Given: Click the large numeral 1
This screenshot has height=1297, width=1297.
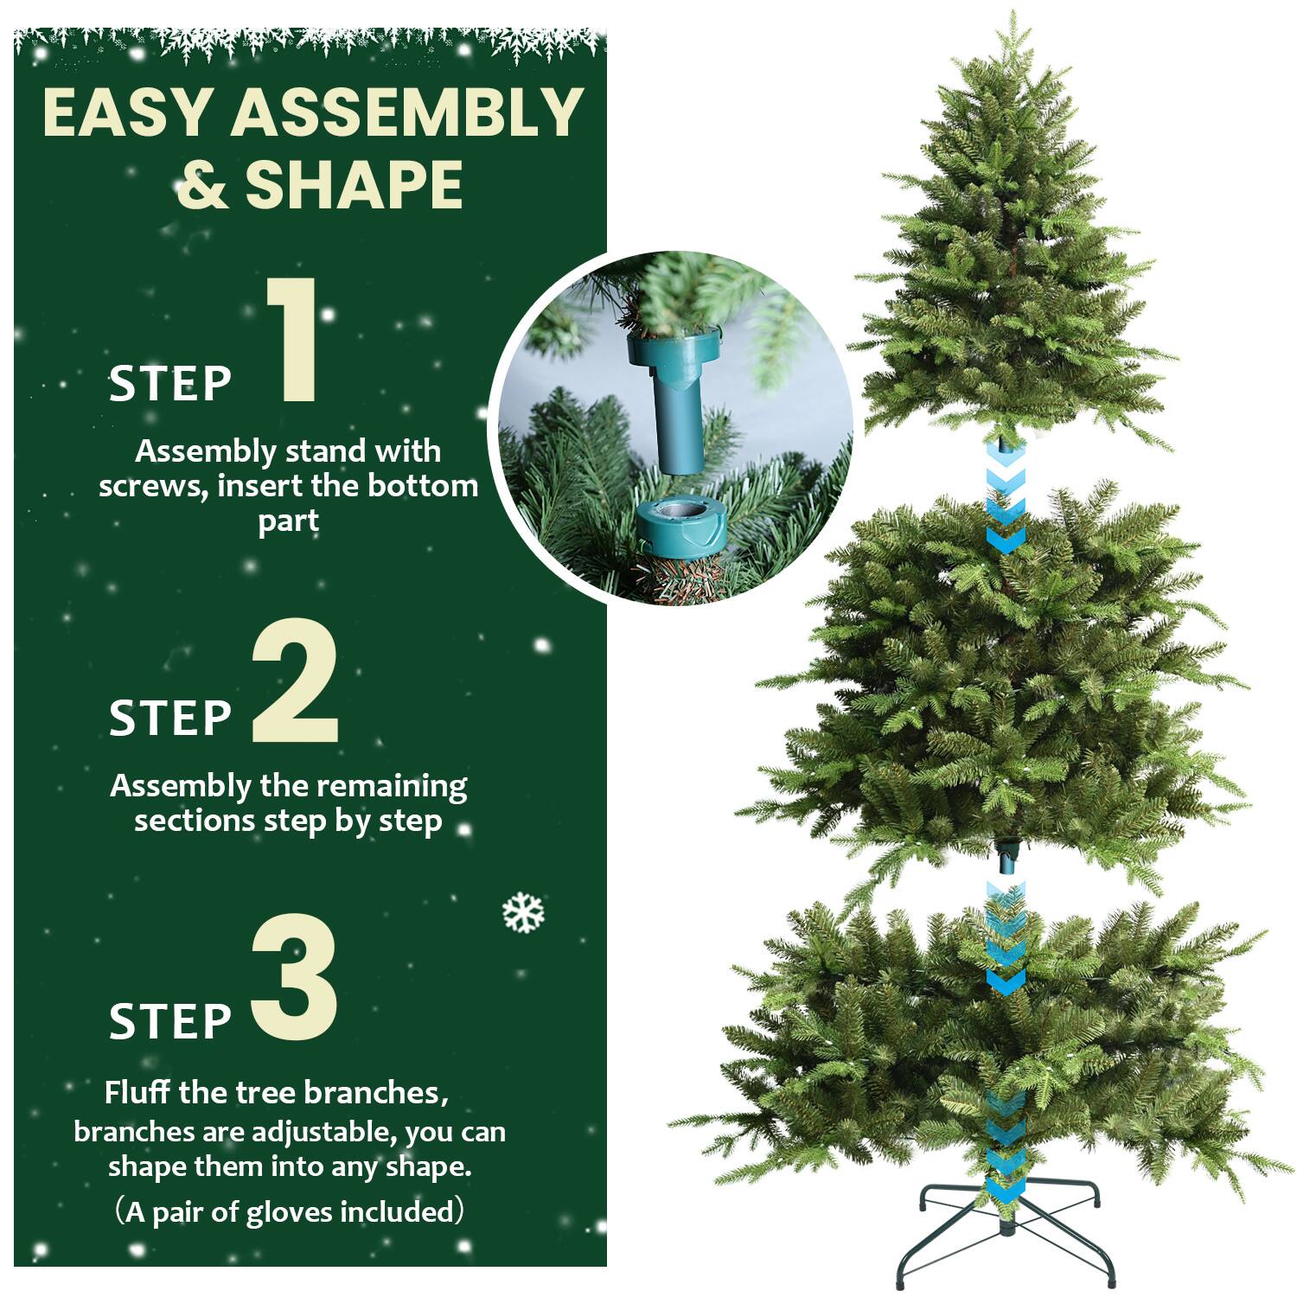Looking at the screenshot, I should click(x=294, y=342).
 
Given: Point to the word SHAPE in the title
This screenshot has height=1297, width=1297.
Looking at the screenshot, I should click(x=355, y=184).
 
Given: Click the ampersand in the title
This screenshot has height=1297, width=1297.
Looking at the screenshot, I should click(x=203, y=184).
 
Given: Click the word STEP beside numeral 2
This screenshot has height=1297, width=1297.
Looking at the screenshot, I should click(x=170, y=718).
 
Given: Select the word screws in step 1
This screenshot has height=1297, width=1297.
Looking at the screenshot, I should click(x=151, y=486).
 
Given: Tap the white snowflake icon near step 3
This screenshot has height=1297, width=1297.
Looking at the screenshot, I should click(x=523, y=913).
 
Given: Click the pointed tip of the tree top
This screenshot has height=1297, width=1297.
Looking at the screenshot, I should click(x=1013, y=19).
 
